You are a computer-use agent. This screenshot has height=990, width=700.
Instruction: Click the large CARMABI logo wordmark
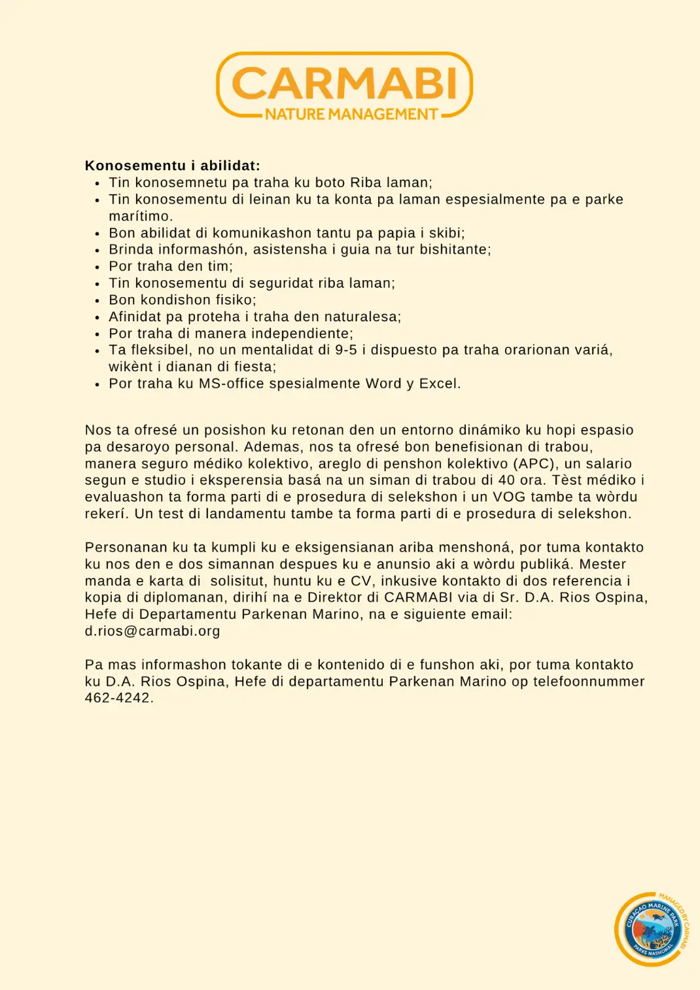point(344,83)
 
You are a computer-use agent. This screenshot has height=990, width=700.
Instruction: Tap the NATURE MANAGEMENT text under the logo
point(351,115)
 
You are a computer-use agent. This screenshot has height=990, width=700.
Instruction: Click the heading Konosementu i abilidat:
point(173,166)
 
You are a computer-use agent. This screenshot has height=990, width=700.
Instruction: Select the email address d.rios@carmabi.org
point(152,631)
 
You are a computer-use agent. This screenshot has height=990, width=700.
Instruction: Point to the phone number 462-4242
point(118,698)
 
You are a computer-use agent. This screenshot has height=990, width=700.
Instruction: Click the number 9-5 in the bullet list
point(346,350)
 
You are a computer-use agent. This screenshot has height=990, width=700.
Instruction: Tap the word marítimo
point(140,217)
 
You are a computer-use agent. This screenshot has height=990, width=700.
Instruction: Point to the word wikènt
point(131,367)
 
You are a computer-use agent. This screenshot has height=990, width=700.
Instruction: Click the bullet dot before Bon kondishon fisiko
point(97,301)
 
